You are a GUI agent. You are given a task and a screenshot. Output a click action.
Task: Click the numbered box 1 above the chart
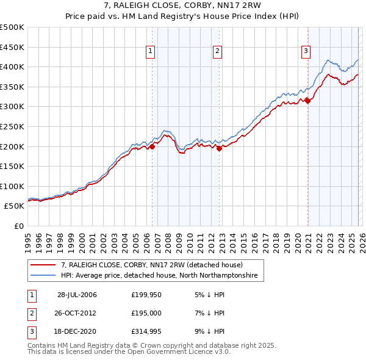150,52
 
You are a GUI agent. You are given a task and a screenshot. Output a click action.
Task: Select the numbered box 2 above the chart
217,52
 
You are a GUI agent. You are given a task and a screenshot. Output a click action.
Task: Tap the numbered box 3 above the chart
306,52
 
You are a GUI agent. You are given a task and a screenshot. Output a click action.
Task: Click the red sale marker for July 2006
152,146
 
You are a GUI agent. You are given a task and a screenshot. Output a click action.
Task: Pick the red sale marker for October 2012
220,148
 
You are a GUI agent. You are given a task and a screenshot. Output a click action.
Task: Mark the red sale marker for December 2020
307,101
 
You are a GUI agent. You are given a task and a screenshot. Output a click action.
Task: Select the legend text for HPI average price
159,276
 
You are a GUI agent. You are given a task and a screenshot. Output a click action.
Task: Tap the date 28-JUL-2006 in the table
77,295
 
